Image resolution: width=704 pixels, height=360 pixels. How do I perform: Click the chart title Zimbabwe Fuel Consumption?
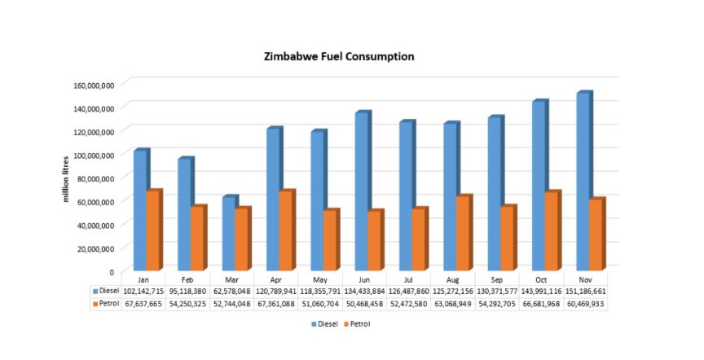(339, 57)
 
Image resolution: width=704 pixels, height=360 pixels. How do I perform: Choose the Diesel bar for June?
(362, 191)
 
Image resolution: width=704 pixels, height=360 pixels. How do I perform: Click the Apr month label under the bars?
(275, 279)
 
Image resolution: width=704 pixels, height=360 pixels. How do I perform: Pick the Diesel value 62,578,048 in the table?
(231, 291)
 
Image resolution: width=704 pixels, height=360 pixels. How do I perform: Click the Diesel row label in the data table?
(107, 291)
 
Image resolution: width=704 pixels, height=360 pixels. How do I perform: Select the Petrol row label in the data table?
(107, 303)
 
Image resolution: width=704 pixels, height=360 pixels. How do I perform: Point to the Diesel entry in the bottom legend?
(325, 323)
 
